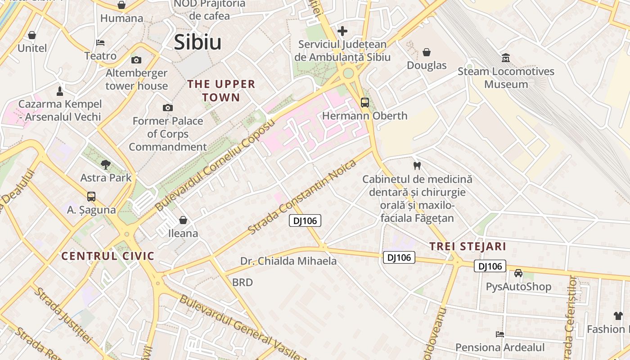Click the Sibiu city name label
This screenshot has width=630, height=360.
198,42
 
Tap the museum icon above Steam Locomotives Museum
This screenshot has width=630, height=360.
506,58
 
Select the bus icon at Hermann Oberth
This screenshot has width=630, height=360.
364,103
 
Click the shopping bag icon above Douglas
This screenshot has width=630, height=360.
427,52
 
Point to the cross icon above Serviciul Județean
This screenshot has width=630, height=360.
342,31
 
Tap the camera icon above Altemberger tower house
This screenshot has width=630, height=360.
136,60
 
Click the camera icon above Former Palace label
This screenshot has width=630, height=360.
168,108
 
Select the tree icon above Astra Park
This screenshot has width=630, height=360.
106,165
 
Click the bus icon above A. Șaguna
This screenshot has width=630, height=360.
91,197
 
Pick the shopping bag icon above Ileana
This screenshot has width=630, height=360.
183,220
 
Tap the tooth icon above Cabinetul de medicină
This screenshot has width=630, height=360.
417,166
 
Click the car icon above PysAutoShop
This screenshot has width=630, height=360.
518,273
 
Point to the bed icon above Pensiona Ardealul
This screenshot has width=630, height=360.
500,334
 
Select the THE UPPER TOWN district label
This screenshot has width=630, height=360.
221,90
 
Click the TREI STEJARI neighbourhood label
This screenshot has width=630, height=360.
468,247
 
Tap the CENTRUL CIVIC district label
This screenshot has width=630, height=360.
108,256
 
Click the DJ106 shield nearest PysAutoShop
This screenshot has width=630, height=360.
490,266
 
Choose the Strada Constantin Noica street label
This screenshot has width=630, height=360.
302,196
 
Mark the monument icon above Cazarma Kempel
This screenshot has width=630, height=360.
60,91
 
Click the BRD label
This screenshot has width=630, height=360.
242,283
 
